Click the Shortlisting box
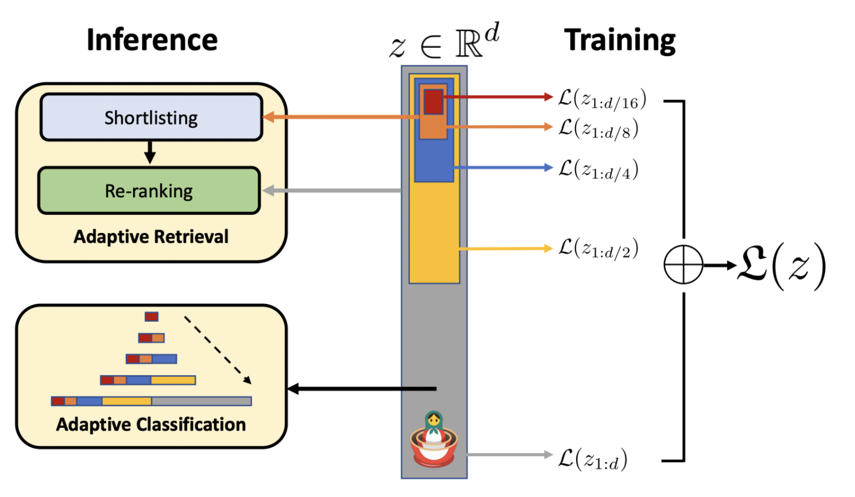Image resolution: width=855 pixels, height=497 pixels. click(151, 117)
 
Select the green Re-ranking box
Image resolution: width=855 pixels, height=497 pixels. click(149, 191)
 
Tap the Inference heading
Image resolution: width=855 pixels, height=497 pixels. click(152, 40)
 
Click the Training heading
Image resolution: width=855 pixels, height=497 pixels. click(620, 40)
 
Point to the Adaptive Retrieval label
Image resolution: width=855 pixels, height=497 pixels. click(151, 237)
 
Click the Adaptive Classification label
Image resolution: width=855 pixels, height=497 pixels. click(151, 424)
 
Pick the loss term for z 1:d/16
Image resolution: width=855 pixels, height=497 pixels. click(602, 99)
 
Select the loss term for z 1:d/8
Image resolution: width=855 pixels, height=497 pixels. click(598, 129)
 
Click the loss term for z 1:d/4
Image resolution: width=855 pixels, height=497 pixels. click(598, 170)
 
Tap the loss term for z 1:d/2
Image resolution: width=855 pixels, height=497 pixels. click(598, 248)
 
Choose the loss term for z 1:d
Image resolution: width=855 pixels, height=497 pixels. click(592, 459)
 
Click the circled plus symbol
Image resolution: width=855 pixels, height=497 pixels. click(683, 265)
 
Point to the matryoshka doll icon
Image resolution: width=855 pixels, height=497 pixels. click(433, 440)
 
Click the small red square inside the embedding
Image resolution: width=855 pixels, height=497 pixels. click(433, 101)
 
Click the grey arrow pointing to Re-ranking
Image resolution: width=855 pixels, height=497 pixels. click(331, 191)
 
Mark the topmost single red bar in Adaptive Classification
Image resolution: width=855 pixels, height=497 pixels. click(152, 317)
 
